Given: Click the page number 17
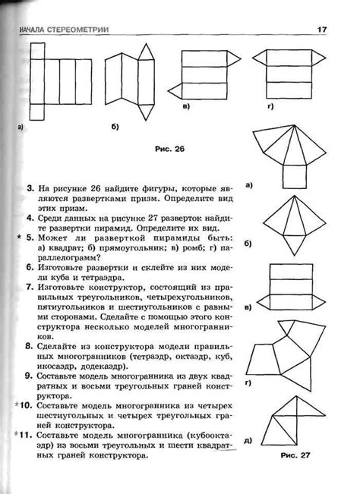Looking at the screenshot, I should (322, 30).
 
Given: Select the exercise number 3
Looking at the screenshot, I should (30, 186).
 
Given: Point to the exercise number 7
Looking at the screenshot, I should (30, 288).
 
